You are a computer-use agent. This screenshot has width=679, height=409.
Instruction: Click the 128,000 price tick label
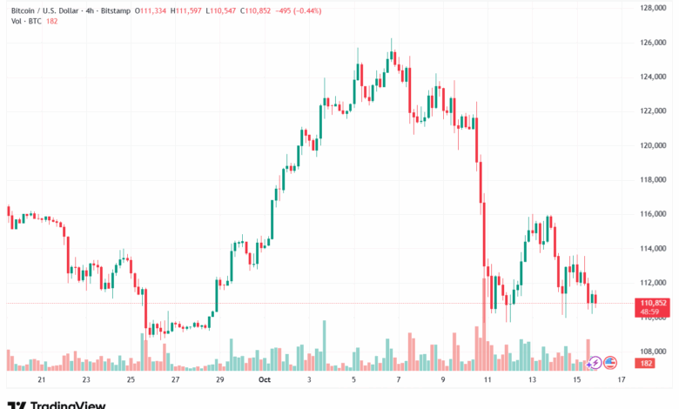tap(653, 8)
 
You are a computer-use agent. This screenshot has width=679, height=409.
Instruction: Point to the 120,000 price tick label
tap(653, 145)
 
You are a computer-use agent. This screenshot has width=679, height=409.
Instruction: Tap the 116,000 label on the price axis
tap(653, 214)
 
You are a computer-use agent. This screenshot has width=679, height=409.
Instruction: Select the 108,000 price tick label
tap(653, 352)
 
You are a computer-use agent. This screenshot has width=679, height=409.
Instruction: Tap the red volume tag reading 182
tap(646, 363)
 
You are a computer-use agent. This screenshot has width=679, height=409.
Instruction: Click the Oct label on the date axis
tap(265, 380)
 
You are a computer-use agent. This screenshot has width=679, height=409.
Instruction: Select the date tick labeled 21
tap(41, 380)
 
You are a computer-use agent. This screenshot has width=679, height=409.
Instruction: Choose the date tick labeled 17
tap(622, 380)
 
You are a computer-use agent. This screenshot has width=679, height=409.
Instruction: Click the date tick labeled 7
tap(398, 380)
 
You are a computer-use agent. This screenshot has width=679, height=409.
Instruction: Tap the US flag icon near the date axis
tap(610, 362)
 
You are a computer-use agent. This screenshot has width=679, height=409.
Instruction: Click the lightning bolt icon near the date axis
tap(595, 362)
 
